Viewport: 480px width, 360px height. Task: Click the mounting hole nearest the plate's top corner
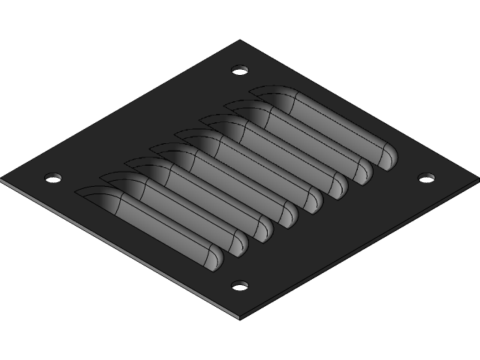coord(240,70)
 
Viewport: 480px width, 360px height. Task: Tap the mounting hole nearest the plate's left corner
coord(52,178)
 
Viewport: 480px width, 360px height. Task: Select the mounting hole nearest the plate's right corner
coord(426,178)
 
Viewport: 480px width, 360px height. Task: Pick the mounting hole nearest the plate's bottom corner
coord(240,285)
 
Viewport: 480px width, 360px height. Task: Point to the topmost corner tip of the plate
coord(240,40)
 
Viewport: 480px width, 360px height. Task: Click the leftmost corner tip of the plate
coord(1,180)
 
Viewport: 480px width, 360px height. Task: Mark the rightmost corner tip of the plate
coord(478,179)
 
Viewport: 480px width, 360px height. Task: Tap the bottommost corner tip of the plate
coord(240,318)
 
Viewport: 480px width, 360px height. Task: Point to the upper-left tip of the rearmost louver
coord(252,91)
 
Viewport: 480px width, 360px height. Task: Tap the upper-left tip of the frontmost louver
coord(77,192)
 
